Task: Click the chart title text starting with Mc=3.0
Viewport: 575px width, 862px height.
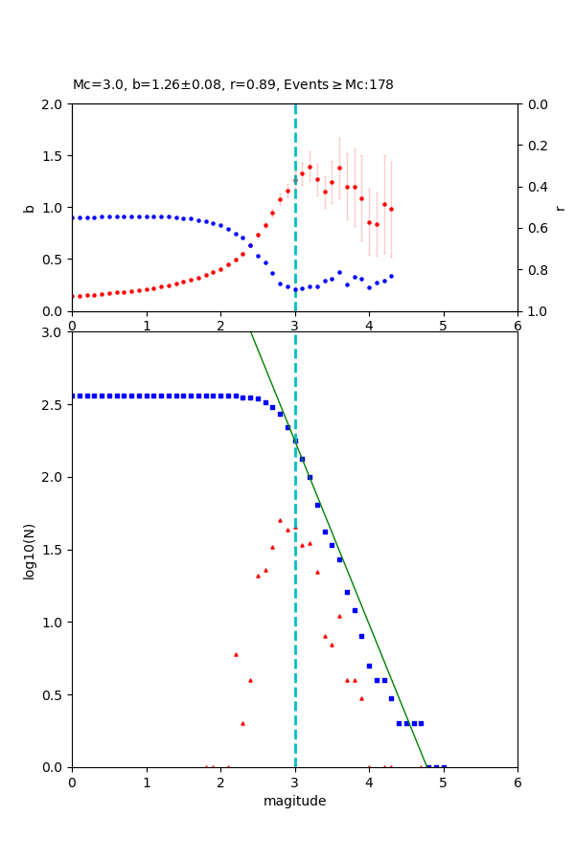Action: coord(233,85)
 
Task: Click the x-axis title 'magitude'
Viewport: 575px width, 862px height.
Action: coord(294,801)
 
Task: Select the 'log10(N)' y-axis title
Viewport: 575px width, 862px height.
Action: coord(29,550)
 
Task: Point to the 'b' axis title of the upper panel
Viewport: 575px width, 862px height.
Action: coord(29,208)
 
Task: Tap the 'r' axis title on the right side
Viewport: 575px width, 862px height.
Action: coord(560,208)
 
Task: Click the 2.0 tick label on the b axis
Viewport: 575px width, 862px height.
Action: coord(52,104)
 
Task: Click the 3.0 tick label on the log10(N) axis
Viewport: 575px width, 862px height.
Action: coord(52,332)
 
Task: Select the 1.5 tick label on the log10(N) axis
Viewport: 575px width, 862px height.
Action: coord(52,550)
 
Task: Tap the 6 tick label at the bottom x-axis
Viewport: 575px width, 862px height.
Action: coord(517,782)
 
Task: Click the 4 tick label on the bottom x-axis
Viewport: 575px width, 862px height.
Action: coord(369,782)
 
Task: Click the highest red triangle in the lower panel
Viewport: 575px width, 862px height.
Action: coord(280,520)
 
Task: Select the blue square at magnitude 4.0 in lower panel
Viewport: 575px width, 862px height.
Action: coord(369,666)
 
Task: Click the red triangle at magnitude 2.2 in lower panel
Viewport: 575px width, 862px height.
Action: coord(236,654)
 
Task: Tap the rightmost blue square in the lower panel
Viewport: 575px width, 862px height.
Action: coord(444,766)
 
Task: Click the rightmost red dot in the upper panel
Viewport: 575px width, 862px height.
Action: coord(391,209)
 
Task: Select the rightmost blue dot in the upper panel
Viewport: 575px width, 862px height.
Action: coord(391,276)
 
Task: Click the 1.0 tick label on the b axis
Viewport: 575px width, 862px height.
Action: coord(52,208)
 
